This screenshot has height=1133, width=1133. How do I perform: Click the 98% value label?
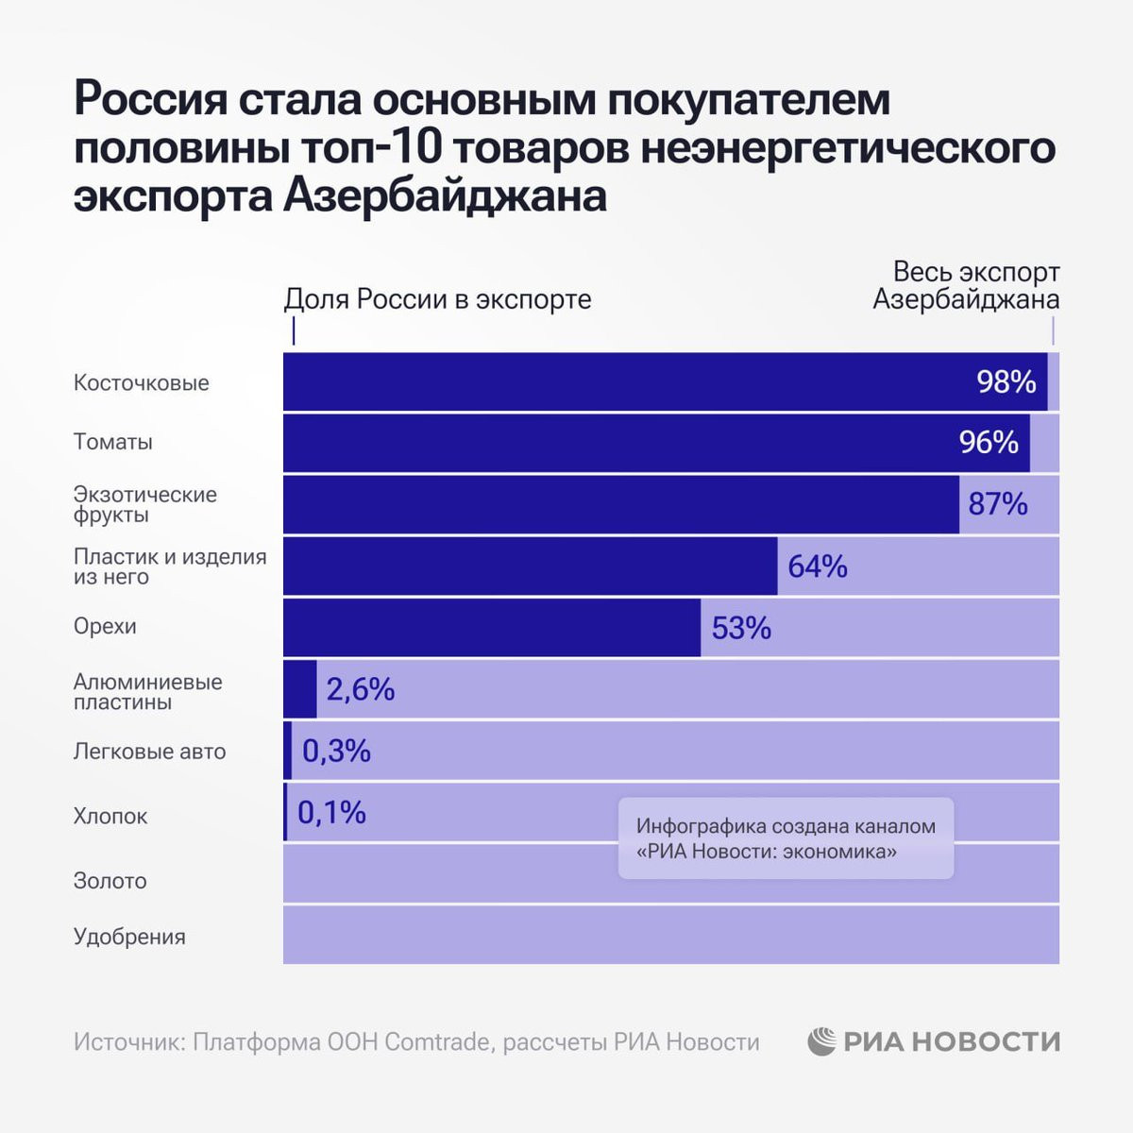click(x=1006, y=381)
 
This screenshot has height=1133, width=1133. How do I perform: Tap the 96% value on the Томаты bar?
click(x=989, y=442)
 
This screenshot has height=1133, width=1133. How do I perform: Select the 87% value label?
click(x=997, y=504)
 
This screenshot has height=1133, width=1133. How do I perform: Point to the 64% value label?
click(x=817, y=566)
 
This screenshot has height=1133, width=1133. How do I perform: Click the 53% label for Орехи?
click(x=741, y=628)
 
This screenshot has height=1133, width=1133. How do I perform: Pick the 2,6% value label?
click(x=360, y=689)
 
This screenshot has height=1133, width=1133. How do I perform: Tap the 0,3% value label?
click(x=336, y=752)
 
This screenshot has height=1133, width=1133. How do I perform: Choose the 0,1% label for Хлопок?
click(x=331, y=812)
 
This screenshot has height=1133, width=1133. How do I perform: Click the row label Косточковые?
click(x=142, y=383)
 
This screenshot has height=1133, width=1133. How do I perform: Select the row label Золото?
click(x=110, y=881)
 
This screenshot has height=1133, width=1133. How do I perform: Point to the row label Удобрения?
click(x=129, y=937)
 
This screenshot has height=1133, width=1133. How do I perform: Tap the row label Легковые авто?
click(x=150, y=752)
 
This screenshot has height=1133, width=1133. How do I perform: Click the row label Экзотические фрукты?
click(x=145, y=504)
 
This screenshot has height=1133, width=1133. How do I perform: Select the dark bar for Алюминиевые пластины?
click(x=300, y=689)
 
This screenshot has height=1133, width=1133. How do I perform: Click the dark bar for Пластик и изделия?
click(x=530, y=566)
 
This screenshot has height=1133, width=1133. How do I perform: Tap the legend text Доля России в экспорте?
click(x=437, y=299)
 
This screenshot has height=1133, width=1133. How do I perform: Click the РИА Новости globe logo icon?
click(x=821, y=1041)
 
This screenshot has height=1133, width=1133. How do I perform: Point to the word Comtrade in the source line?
click(x=437, y=1041)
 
